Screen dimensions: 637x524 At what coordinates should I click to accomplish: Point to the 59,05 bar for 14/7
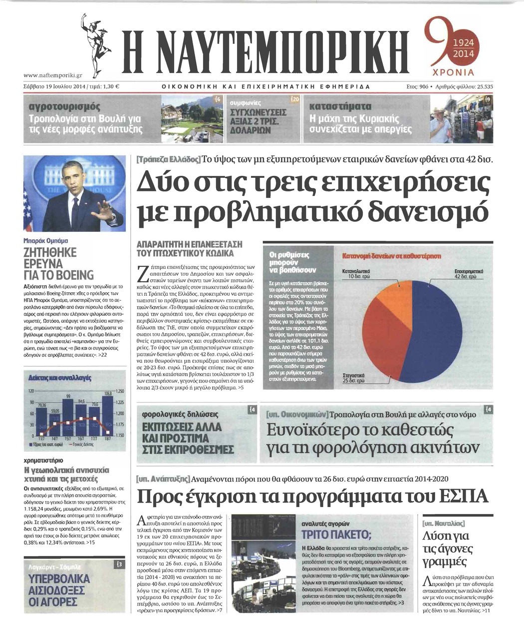pos(55,424)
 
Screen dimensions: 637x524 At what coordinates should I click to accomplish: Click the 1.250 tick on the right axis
pos(120,391)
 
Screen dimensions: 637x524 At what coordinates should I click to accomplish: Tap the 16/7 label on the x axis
pos(81,438)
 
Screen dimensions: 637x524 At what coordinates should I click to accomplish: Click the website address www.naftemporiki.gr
pos(52,76)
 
